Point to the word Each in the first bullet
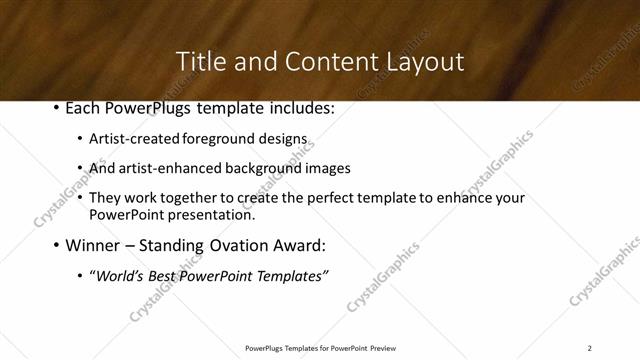(85, 108)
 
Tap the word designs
(285, 139)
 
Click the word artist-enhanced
(163, 168)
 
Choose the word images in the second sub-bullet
(329, 168)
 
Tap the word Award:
(299, 245)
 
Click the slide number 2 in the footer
(590, 348)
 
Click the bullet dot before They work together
(80, 198)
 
